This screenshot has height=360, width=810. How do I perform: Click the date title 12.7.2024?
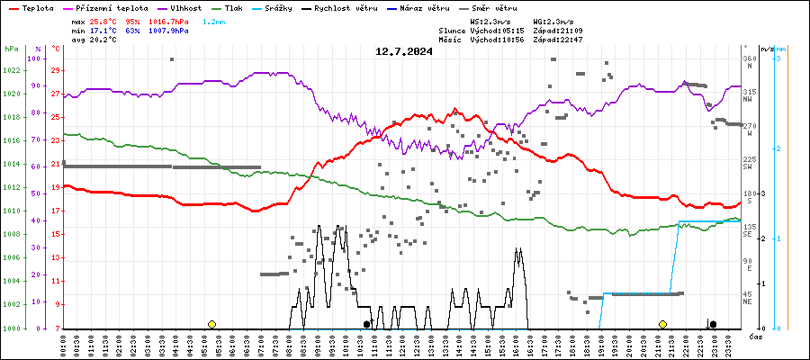(x=404, y=51)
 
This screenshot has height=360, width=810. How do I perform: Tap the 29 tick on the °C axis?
(x=56, y=70)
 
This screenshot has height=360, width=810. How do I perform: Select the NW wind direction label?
(x=747, y=99)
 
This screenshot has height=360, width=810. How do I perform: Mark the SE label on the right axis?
(x=747, y=234)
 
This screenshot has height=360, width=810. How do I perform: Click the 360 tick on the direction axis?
(x=749, y=59)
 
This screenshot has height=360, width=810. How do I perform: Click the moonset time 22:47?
(x=571, y=40)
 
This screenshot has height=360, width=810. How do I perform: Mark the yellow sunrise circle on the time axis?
(x=211, y=324)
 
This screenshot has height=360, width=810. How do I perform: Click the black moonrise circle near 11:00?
(x=366, y=324)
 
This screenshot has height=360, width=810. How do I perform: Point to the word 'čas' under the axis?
(x=757, y=336)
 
